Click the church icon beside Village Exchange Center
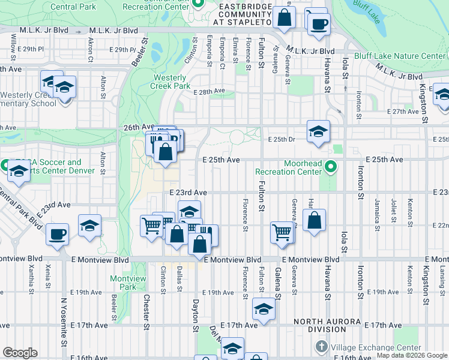(x=321, y=347)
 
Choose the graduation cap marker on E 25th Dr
(x=318, y=131)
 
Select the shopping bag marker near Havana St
(x=314, y=221)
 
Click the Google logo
(x=20, y=353)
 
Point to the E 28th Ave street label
(x=209, y=91)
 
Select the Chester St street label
(x=146, y=311)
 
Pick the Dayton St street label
(x=195, y=316)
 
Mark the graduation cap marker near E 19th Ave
(x=263, y=309)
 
